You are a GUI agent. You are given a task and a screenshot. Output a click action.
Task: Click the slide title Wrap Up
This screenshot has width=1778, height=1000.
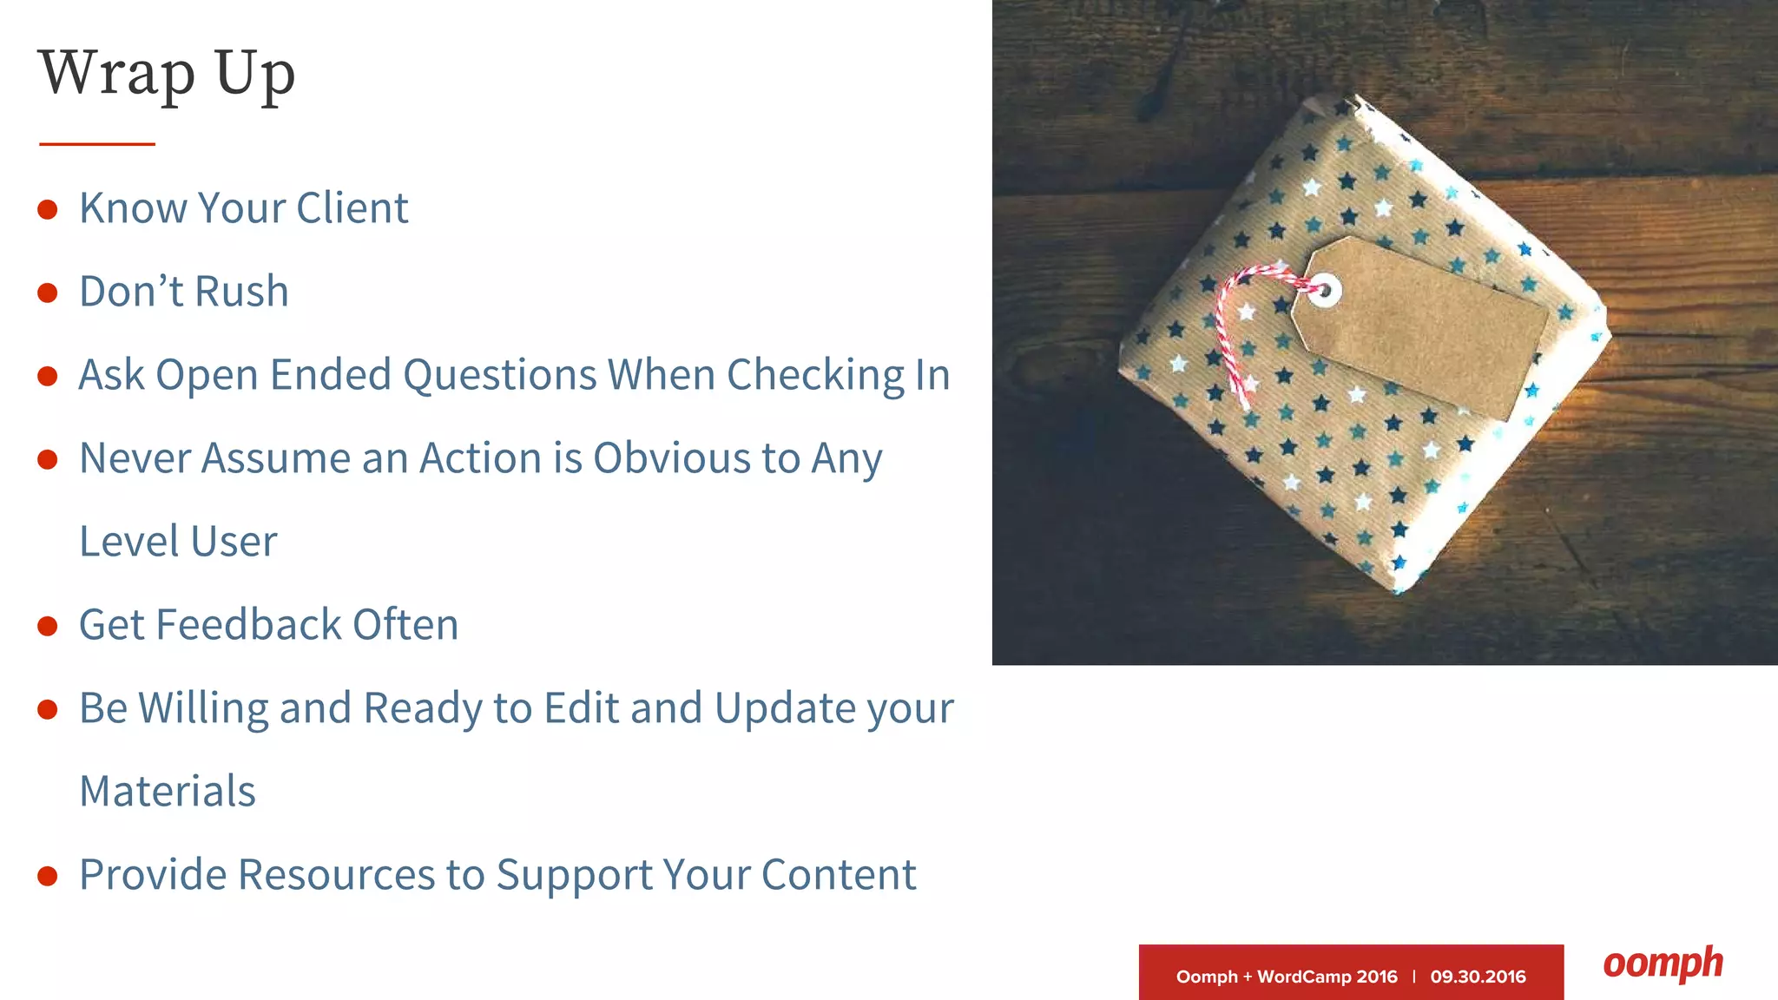[x=167, y=74]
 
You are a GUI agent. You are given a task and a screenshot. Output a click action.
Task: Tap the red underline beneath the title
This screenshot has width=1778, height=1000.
[x=97, y=144]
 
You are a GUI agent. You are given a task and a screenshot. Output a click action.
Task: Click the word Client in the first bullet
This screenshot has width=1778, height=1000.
[x=352, y=208]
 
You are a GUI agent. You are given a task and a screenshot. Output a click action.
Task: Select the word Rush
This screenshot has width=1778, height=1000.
[x=241, y=292]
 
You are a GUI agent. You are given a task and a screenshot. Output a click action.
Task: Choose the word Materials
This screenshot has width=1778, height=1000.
[x=168, y=791]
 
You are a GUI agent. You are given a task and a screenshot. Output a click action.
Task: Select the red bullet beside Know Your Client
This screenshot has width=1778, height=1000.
[x=48, y=209]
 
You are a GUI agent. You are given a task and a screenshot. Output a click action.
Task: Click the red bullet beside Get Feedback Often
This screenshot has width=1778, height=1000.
[x=48, y=626]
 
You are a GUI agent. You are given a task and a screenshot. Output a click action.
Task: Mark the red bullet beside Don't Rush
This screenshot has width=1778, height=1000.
[x=48, y=293]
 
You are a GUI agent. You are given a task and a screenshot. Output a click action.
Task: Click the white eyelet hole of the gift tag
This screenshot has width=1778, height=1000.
[x=1324, y=290]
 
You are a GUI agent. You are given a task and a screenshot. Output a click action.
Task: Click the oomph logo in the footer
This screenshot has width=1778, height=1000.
[x=1663, y=964]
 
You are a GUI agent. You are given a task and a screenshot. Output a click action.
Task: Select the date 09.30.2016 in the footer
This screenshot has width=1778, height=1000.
[x=1478, y=977]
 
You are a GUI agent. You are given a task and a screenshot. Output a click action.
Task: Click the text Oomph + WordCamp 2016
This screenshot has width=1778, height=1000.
[x=1287, y=977]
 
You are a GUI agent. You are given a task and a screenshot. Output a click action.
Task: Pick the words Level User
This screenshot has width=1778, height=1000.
[x=178, y=542]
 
